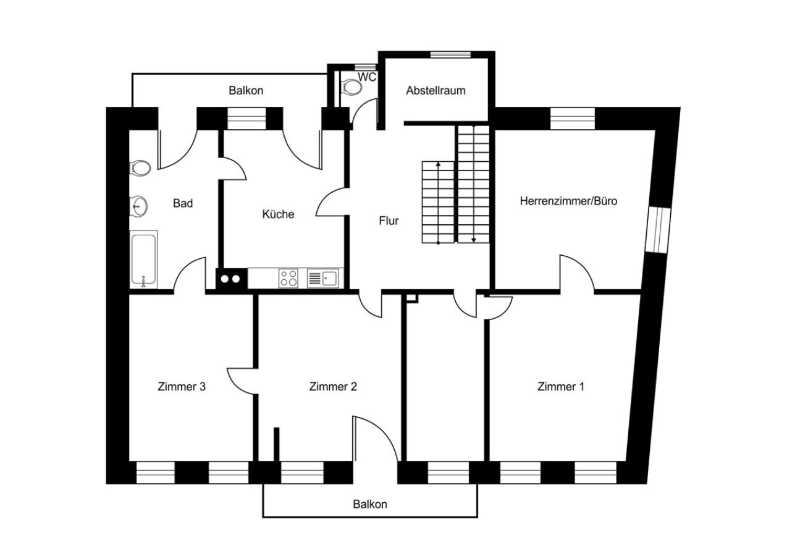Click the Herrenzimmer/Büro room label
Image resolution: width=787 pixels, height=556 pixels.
click(568, 201)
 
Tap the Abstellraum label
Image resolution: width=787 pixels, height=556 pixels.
click(436, 91)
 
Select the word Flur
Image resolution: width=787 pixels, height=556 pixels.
click(389, 221)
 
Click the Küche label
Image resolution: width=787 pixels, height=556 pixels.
click(278, 214)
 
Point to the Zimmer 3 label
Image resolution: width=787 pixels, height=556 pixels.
click(181, 387)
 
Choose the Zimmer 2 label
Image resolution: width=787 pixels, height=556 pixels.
click(333, 387)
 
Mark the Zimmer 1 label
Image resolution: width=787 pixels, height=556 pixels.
click(561, 387)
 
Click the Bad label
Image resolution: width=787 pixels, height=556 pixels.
click(183, 203)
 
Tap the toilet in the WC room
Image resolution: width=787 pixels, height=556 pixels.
click(351, 86)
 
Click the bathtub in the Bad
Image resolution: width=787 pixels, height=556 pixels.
click(144, 259)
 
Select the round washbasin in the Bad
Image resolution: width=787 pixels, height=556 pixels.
click(138, 206)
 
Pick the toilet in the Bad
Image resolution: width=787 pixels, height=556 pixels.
click(140, 167)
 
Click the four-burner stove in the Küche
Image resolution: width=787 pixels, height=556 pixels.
click(288, 278)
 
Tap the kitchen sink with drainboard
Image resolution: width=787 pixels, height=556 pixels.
click(323, 279)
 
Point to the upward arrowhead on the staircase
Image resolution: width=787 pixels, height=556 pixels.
click(438, 164)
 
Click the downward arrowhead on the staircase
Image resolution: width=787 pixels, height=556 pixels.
click(474, 240)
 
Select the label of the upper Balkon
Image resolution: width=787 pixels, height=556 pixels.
click(246, 91)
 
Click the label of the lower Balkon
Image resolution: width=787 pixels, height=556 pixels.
click(370, 504)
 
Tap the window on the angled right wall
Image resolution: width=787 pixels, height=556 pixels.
click(658, 230)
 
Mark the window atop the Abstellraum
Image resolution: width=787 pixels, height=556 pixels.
click(451, 54)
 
